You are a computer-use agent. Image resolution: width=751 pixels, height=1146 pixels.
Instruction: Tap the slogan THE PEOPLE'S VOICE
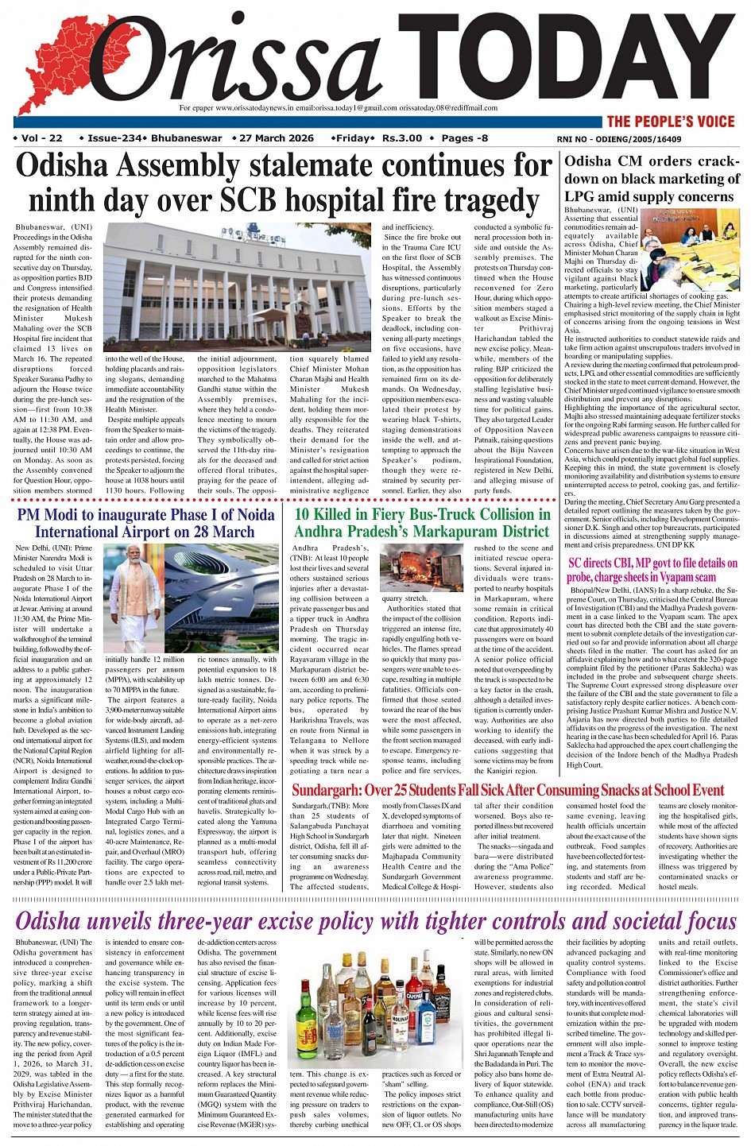pyautogui.click(x=671, y=122)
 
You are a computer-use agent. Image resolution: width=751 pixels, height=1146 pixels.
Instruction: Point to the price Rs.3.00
pyautogui.click(x=402, y=138)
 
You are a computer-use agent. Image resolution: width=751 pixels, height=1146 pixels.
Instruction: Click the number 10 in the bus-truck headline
pyautogui.click(x=304, y=514)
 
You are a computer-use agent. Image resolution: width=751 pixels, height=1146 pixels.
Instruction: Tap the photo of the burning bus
pyautogui.click(x=421, y=568)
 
